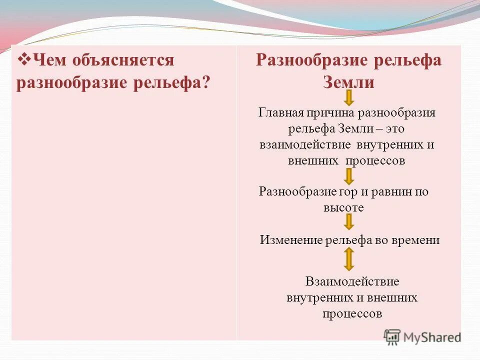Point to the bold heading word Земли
coord(348,81)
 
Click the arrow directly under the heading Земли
coord(349,97)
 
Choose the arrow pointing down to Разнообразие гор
coord(349,176)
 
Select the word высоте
coord(343,207)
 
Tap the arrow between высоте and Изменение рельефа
coord(349,222)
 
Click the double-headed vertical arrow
coord(349,259)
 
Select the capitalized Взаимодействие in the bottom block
coord(352,281)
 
